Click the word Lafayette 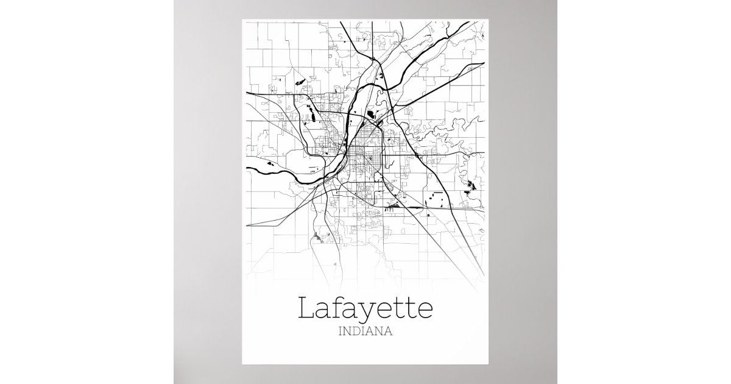(365, 309)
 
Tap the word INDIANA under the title (365, 333)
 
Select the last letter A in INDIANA (387, 333)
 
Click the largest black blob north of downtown (370, 113)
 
